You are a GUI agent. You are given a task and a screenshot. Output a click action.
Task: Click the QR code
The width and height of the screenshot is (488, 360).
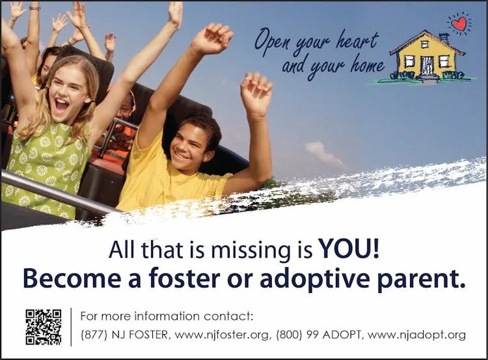tap(43, 327)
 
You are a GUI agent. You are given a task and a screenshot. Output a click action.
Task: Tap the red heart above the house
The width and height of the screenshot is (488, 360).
tap(459, 23)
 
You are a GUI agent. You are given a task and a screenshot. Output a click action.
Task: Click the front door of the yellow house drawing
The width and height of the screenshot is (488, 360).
tap(427, 65)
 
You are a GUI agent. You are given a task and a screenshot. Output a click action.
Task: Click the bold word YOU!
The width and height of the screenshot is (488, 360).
tap(349, 249)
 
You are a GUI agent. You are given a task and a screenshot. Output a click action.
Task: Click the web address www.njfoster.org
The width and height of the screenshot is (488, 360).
tap(222, 335)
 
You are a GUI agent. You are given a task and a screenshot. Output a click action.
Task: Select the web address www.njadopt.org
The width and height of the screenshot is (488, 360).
tap(416, 335)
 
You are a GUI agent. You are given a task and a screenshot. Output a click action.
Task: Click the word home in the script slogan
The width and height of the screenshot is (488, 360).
tap(367, 65)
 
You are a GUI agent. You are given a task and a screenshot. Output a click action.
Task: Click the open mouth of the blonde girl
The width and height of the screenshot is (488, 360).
tap(62, 105)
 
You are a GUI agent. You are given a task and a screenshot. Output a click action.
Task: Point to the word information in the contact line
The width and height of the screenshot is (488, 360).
tap(167, 316)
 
